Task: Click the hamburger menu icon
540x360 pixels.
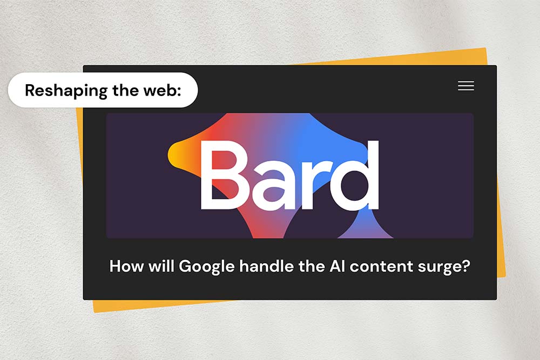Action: click(x=466, y=85)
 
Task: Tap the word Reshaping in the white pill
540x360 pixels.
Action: click(x=66, y=91)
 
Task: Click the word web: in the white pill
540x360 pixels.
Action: click(x=162, y=90)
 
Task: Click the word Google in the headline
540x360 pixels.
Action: click(x=207, y=267)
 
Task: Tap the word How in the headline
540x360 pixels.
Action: click(x=126, y=267)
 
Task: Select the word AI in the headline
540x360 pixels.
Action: click(x=337, y=267)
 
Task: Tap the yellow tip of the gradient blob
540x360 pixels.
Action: click(x=172, y=155)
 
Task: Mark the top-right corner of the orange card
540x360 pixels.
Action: click(x=485, y=48)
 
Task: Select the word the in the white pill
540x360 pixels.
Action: click(x=125, y=90)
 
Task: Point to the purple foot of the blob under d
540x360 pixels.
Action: click(x=365, y=228)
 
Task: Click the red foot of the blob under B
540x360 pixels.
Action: click(x=268, y=227)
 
